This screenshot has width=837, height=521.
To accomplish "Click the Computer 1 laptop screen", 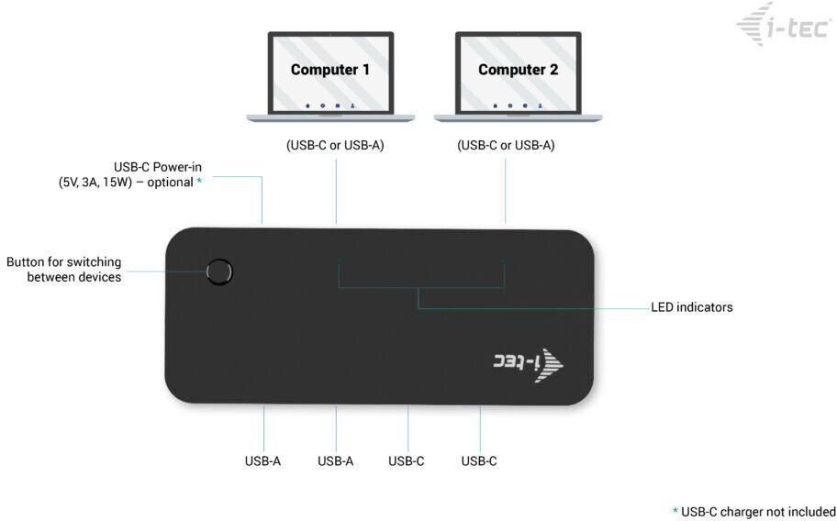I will (x=330, y=73).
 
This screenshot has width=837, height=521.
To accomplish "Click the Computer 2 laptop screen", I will (x=518, y=73).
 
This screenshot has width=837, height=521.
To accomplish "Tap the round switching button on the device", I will (x=219, y=272).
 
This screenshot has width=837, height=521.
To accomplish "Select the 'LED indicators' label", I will (x=691, y=307).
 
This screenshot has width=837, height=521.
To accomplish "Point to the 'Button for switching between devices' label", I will (x=64, y=270).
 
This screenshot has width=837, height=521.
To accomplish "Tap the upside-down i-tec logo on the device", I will (x=528, y=363).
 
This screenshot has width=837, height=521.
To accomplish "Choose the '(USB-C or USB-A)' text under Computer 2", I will (x=506, y=145).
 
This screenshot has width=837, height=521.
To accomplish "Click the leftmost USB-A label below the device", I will (x=262, y=460).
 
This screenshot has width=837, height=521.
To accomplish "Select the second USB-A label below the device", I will (x=335, y=460).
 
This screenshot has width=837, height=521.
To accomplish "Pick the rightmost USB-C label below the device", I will (x=479, y=460).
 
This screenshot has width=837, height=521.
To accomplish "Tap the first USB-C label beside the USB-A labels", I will (x=407, y=460).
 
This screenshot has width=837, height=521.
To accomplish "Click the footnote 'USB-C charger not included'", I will (x=758, y=511).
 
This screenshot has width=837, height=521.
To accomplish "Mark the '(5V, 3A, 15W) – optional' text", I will (x=126, y=182).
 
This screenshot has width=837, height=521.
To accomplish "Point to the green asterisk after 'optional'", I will (x=199, y=182).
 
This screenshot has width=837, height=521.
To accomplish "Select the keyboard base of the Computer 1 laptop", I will (x=330, y=117).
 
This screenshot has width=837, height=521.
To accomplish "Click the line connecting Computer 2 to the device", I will (x=505, y=188).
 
